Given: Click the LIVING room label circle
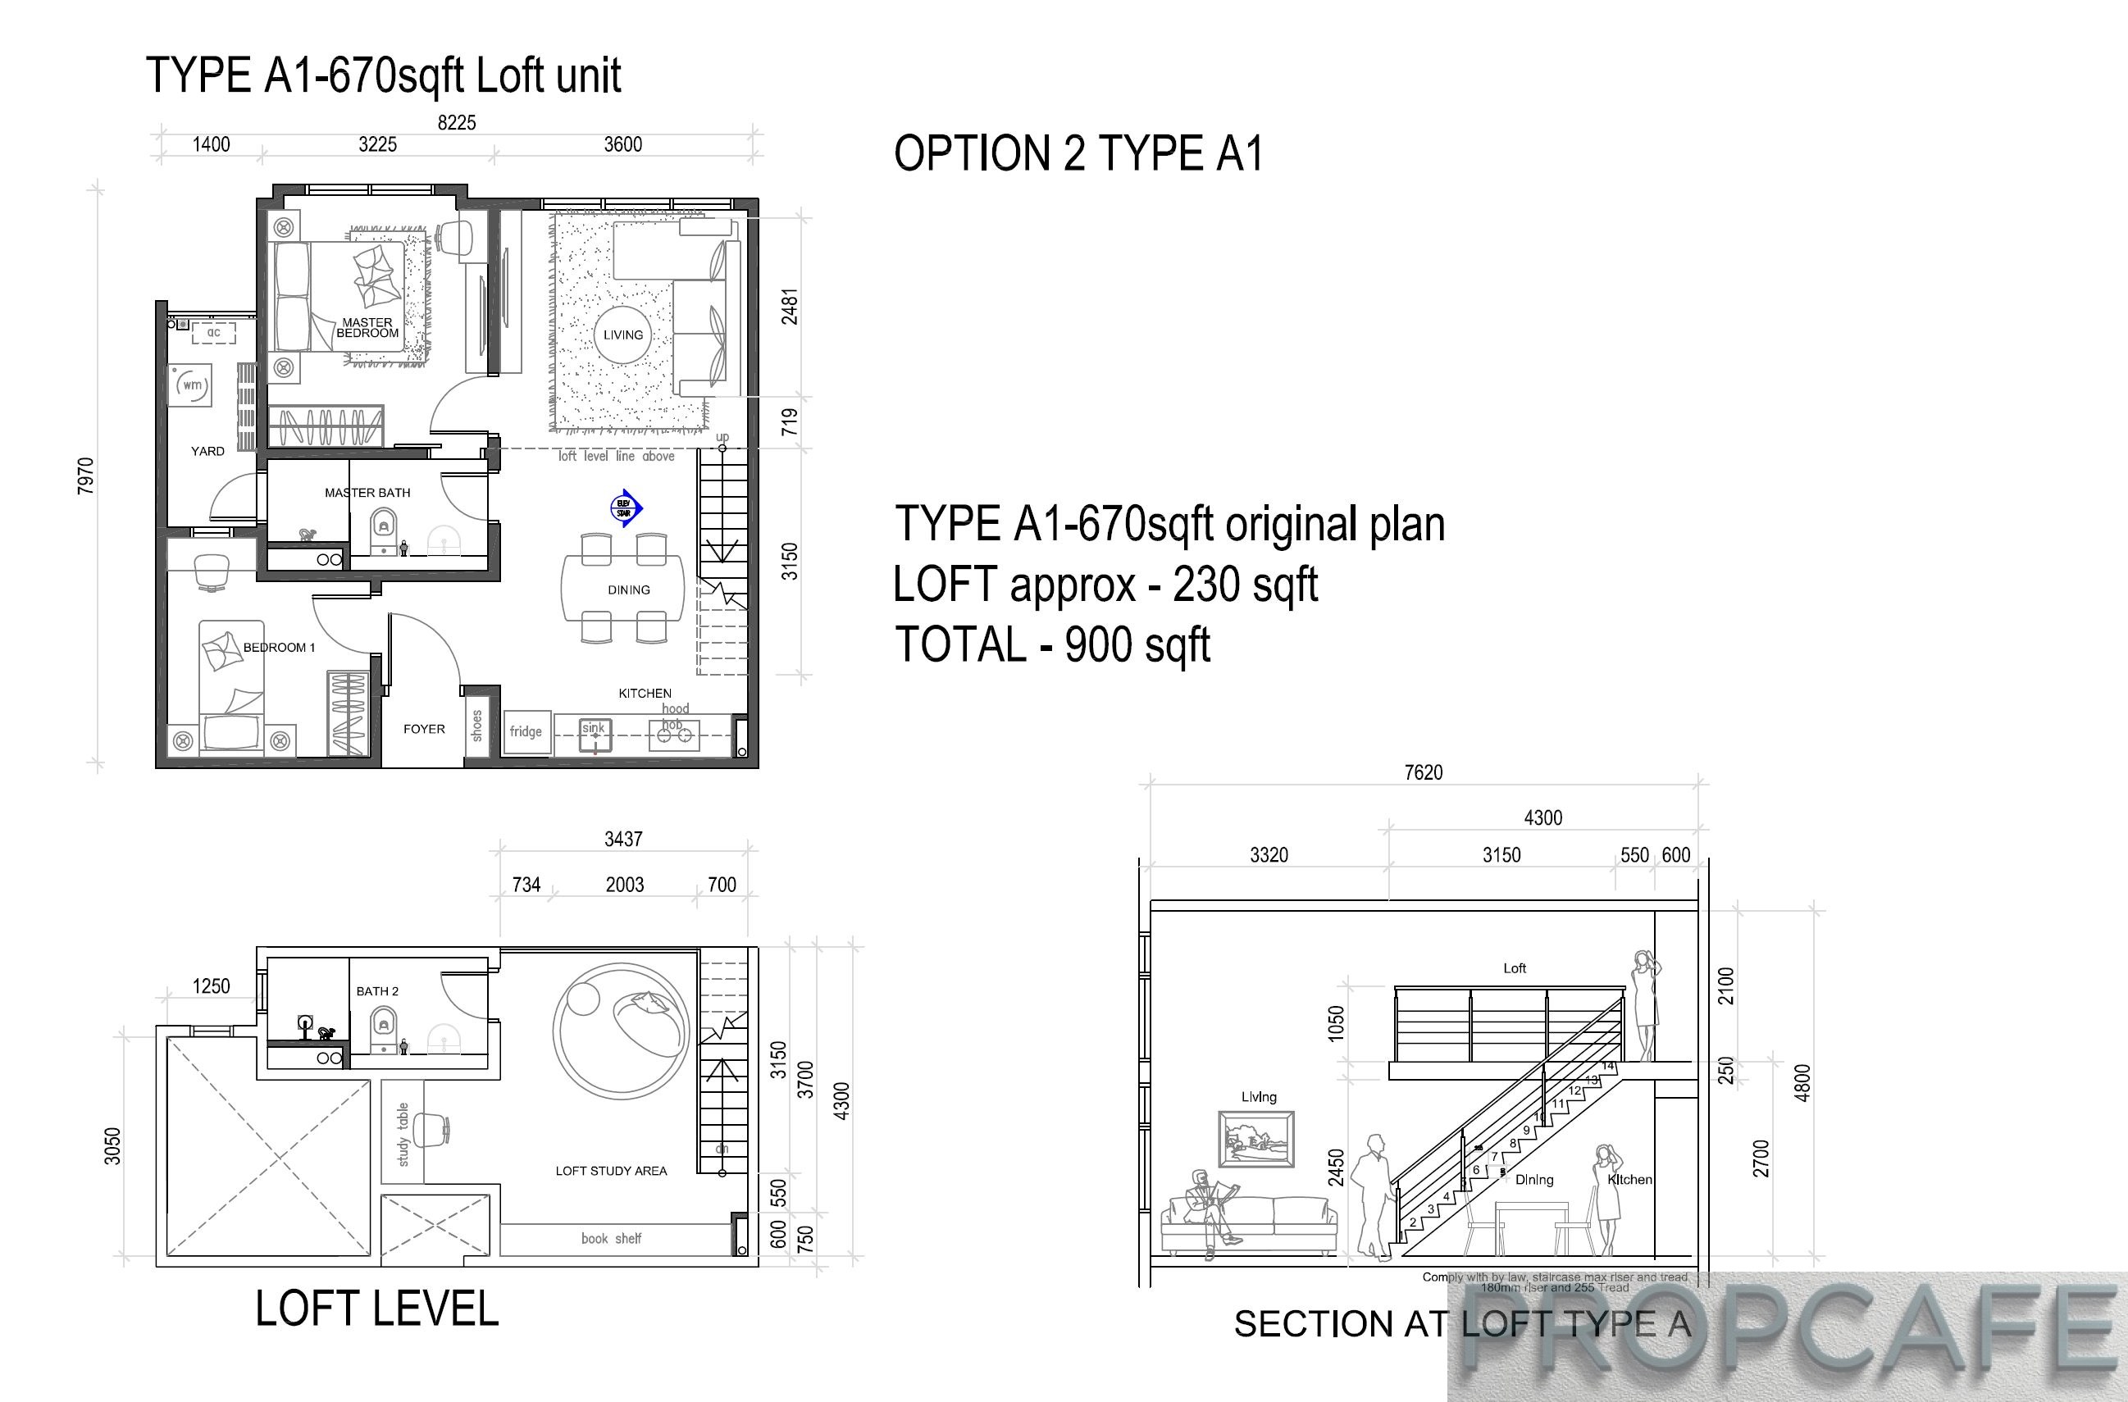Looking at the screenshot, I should [622, 335].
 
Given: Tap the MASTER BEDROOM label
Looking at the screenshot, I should [367, 328].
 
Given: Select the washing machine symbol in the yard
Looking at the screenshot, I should [191, 385].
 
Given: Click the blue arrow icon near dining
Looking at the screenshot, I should [625, 508].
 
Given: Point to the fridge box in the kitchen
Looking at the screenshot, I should [526, 731].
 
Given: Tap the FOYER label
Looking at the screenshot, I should [424, 729].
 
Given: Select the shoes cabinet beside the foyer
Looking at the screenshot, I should [476, 725].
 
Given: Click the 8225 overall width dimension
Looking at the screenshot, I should [456, 122].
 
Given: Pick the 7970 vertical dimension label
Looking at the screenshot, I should [85, 476].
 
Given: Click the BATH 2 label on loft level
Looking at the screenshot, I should [377, 990].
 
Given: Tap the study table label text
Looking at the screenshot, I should [403, 1134].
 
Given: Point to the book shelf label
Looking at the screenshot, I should [611, 1238].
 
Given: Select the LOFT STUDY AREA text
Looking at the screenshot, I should [611, 1171].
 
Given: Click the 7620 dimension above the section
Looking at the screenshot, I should [1423, 772].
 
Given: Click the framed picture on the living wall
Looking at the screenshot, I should [1256, 1139].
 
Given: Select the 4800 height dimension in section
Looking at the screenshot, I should [1802, 1083].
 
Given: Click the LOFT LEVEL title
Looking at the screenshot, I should [376, 1309].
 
